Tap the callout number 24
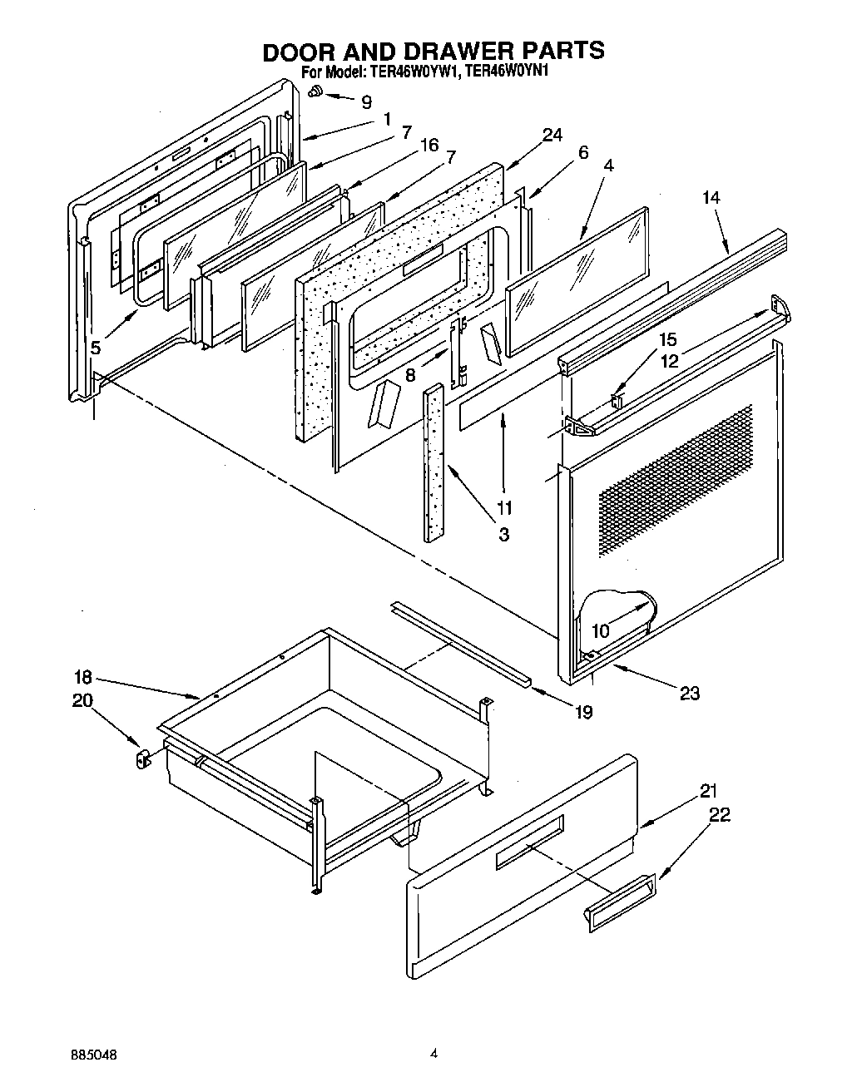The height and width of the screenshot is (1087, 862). [552, 135]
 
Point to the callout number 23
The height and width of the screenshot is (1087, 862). [690, 693]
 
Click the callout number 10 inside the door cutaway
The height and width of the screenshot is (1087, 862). [600, 630]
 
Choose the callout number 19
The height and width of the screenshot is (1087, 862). [583, 712]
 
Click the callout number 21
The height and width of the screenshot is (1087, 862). [708, 790]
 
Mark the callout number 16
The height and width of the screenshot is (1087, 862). [429, 146]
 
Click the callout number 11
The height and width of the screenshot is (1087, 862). [503, 506]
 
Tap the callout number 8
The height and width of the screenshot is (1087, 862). [410, 375]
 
